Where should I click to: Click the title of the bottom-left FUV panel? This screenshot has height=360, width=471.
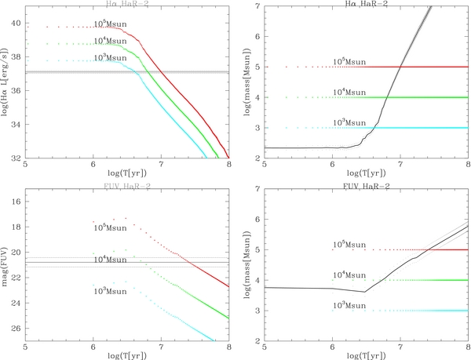[126, 187]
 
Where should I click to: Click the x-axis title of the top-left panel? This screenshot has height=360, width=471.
[126, 173]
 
